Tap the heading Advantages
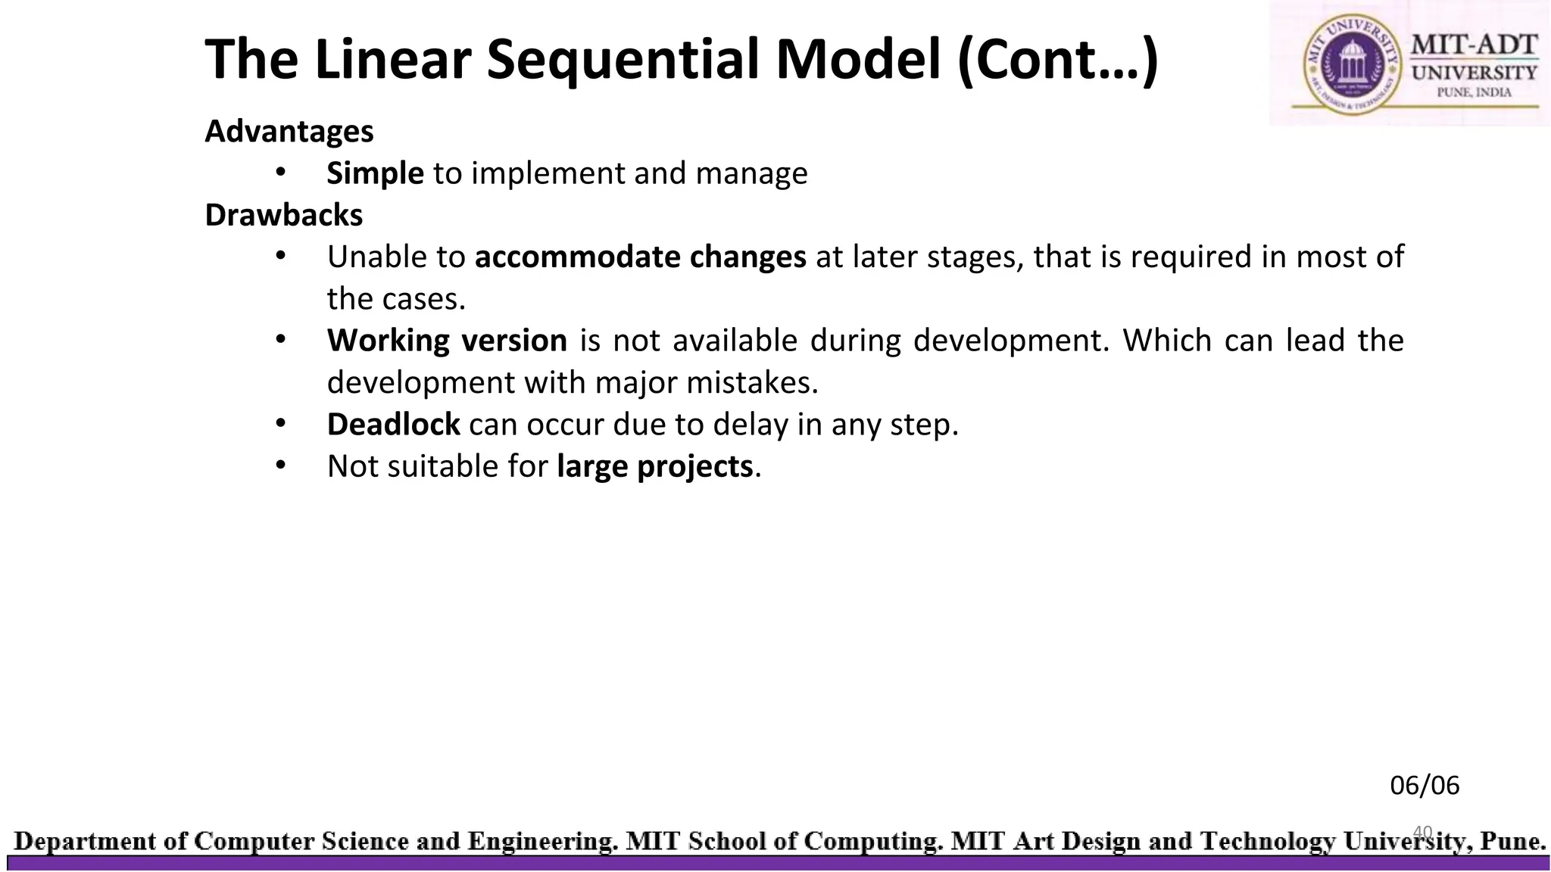point(289,132)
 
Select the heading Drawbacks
point(284,216)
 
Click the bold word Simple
point(375,174)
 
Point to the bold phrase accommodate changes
point(640,257)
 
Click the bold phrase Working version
point(447,341)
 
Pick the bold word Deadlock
point(393,425)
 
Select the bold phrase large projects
point(654,466)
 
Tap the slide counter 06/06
point(1425,786)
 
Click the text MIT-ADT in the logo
point(1474,45)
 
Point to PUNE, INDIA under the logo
point(1474,92)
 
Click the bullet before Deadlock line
point(280,423)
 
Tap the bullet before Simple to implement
point(280,173)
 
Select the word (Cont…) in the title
point(1057,61)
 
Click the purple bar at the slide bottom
point(775,864)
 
